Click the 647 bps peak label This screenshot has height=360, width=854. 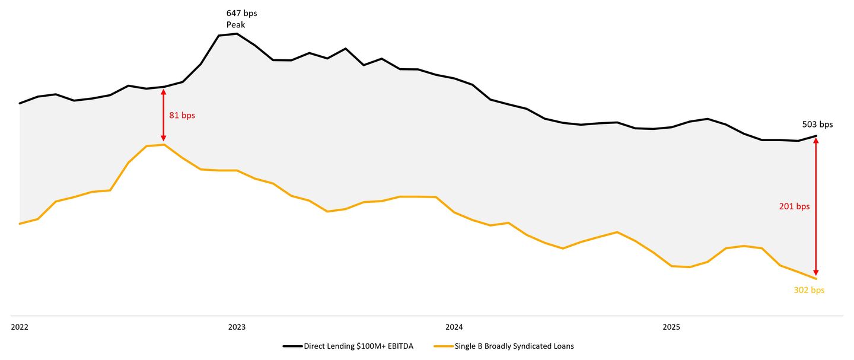pyautogui.click(x=241, y=13)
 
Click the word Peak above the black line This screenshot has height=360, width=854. pyautogui.click(x=235, y=24)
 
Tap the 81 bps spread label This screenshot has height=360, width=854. pyautogui.click(x=182, y=116)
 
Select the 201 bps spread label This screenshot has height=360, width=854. pyautogui.click(x=794, y=206)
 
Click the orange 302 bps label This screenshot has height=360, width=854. pyautogui.click(x=809, y=290)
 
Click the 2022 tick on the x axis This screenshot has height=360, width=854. pyautogui.click(x=20, y=327)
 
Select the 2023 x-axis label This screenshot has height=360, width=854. pyautogui.click(x=237, y=327)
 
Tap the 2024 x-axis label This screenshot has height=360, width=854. pyautogui.click(x=454, y=327)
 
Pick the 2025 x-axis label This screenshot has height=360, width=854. pyautogui.click(x=671, y=327)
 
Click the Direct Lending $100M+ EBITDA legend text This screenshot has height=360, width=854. pyautogui.click(x=358, y=346)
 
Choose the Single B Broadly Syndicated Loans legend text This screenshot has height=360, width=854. pyautogui.click(x=514, y=346)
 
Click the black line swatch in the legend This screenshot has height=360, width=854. pyautogui.click(x=292, y=346)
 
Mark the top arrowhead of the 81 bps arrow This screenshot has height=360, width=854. pyautogui.click(x=164, y=91)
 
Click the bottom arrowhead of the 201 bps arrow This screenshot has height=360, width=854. pyautogui.click(x=817, y=274)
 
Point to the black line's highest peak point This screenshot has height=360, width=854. pyautogui.click(x=237, y=34)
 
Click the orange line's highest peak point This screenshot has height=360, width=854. pyautogui.click(x=164, y=144)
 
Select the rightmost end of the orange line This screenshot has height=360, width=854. pyautogui.click(x=817, y=279)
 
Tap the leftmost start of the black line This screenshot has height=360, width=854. pyautogui.click(x=20, y=103)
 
